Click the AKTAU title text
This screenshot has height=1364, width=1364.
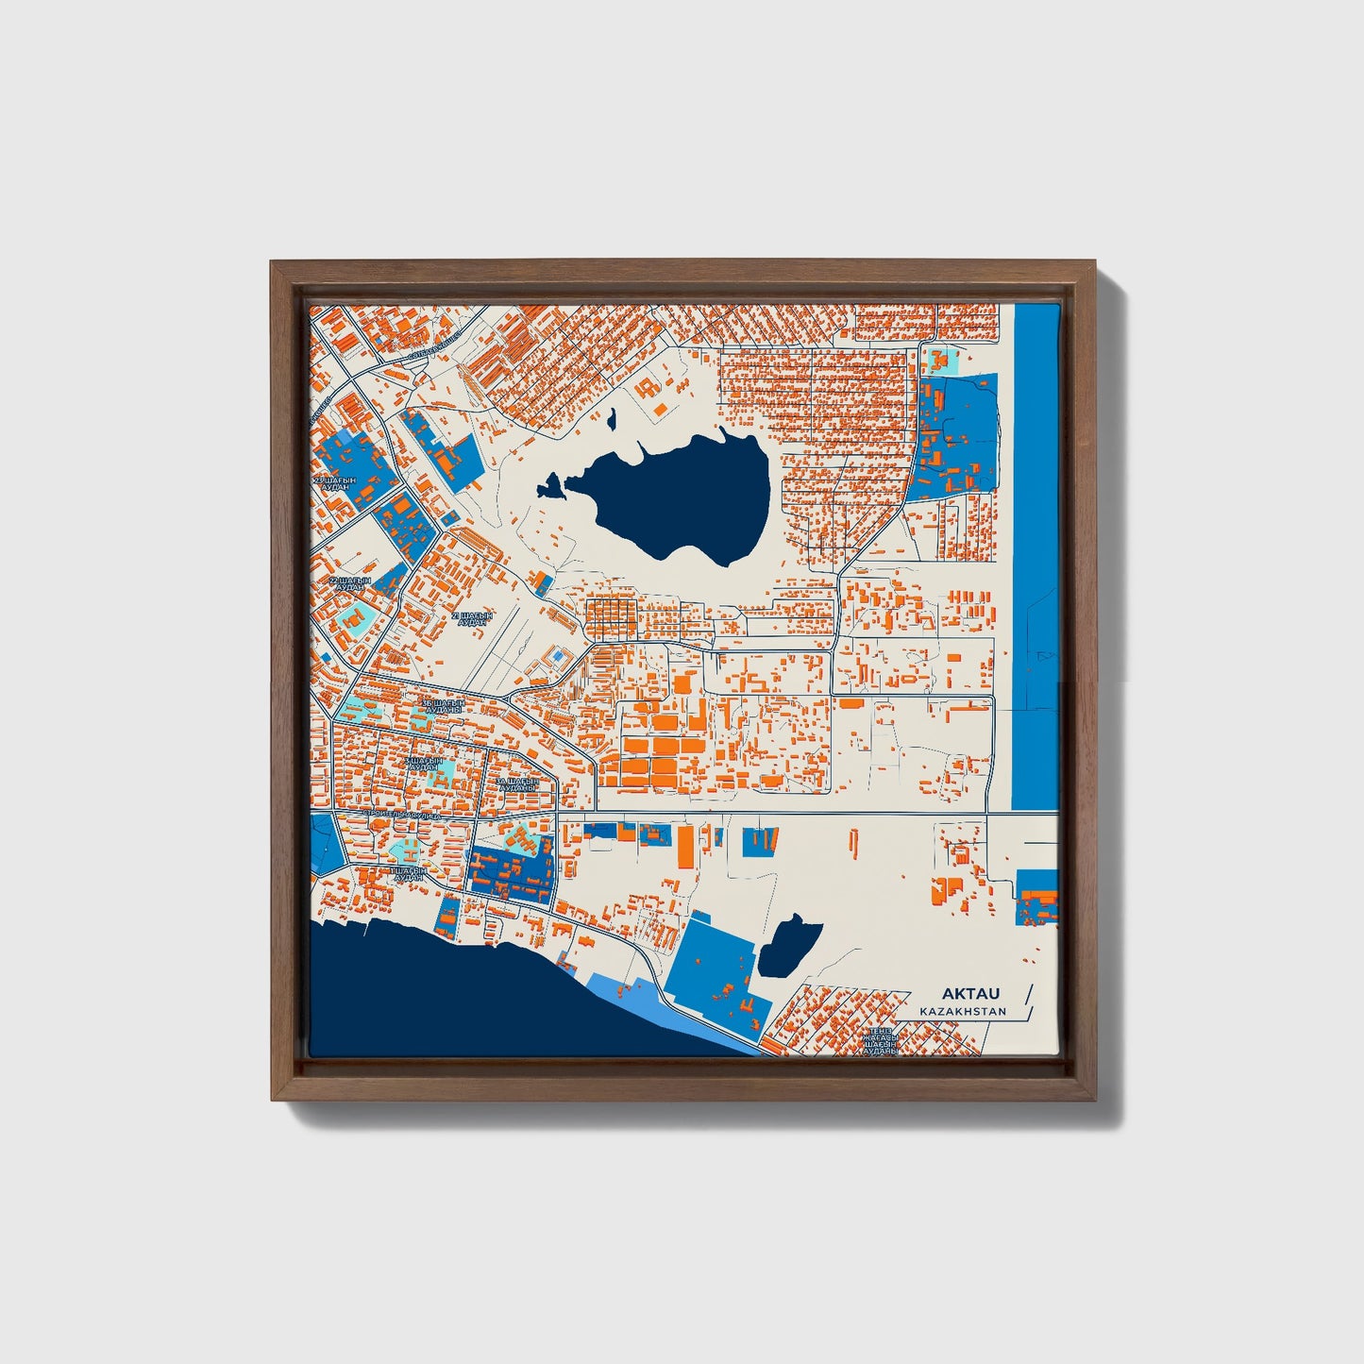969,994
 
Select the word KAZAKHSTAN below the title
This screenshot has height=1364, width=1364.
962,1012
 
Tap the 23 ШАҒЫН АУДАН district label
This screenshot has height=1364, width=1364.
337,483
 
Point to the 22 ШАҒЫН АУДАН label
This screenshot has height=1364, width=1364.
350,583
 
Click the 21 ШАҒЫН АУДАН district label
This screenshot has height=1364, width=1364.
472,617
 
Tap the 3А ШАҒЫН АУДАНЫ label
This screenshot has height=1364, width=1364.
517,785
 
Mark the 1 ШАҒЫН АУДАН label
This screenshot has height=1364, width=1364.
408,873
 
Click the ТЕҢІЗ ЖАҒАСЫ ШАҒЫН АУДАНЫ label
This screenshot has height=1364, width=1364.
881,1040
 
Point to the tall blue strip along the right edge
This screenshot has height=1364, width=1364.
1034,557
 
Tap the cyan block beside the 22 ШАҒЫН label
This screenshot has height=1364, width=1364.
358,618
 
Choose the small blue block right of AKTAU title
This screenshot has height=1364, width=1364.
1036,898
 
